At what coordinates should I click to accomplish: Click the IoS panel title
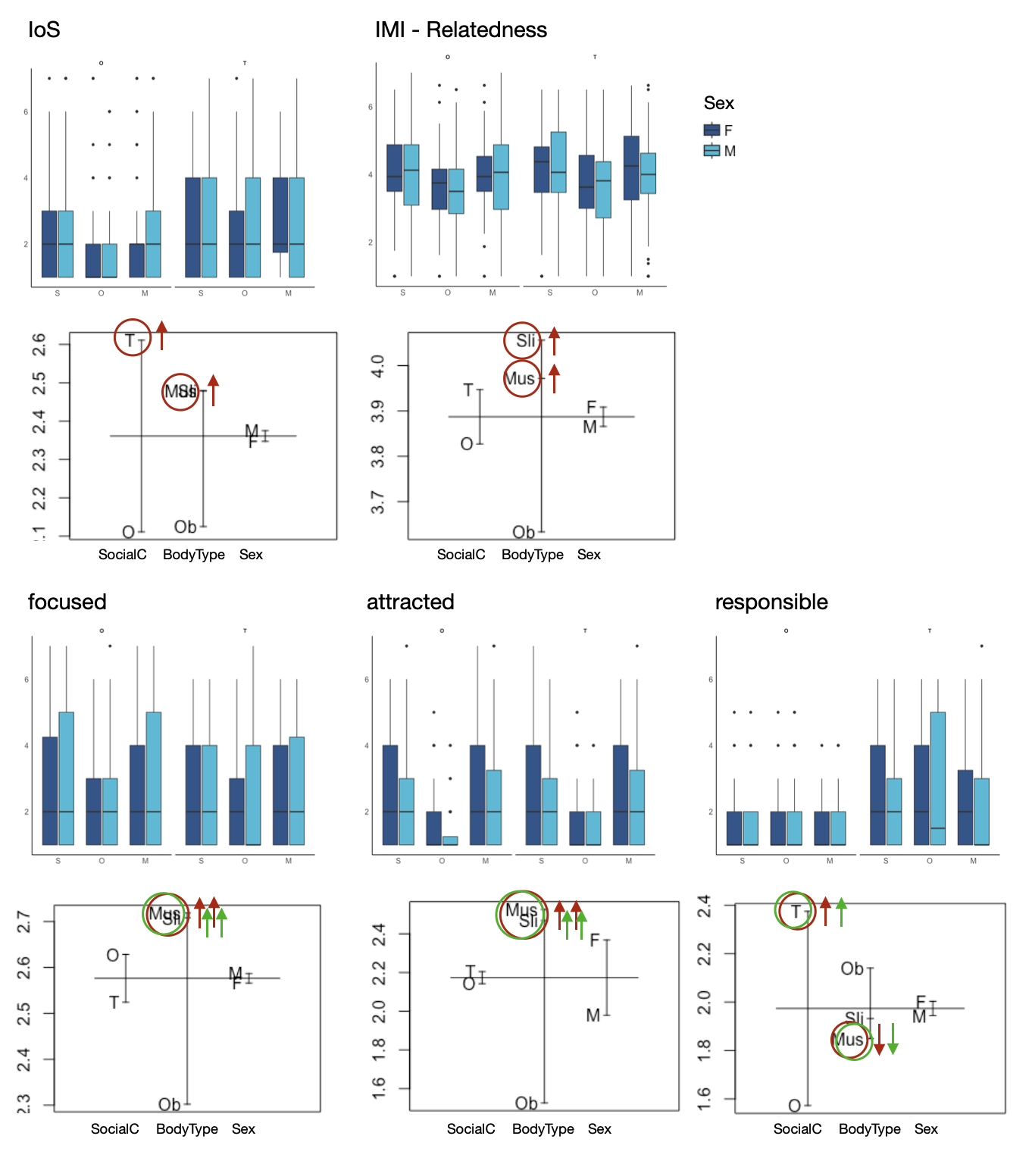(x=44, y=30)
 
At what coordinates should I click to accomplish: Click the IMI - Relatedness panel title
(x=461, y=30)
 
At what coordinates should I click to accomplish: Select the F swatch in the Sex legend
(x=711, y=130)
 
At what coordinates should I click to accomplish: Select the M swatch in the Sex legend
(x=711, y=151)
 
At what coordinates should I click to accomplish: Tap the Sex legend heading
(x=718, y=103)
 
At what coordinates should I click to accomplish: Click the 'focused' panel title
(x=67, y=602)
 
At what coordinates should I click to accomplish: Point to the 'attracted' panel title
(x=410, y=602)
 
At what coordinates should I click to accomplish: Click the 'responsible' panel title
(x=771, y=602)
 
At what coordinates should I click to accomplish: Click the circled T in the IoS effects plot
(x=131, y=340)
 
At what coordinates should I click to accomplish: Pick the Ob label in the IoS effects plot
(x=185, y=527)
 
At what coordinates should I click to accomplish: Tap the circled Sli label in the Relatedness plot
(x=524, y=341)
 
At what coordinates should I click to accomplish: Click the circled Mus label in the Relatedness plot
(x=521, y=379)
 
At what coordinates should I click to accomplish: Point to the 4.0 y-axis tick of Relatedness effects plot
(x=380, y=366)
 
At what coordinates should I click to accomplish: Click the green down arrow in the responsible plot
(x=893, y=1039)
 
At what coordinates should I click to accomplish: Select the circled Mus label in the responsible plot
(x=849, y=1040)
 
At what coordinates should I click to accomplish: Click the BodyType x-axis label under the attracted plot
(x=543, y=1129)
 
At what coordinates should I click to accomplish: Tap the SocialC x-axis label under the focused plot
(x=115, y=1129)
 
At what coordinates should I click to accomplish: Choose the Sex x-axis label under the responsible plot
(x=926, y=1129)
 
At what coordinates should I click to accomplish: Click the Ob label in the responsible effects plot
(x=852, y=969)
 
